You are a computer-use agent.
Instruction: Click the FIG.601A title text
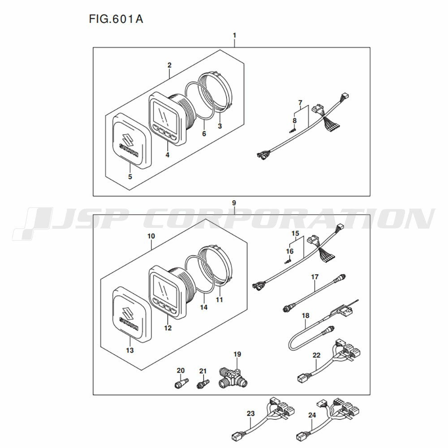click(x=116, y=19)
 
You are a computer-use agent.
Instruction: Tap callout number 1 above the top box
click(x=235, y=35)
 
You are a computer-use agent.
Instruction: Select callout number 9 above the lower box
click(x=234, y=203)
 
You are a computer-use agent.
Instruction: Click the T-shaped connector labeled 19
click(x=233, y=377)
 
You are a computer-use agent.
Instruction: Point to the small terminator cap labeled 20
click(x=181, y=383)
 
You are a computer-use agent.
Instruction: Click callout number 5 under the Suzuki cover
click(x=130, y=177)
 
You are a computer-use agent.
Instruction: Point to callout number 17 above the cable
click(x=314, y=277)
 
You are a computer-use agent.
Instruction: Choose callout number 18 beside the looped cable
click(x=306, y=315)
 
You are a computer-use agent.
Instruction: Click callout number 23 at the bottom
click(x=250, y=413)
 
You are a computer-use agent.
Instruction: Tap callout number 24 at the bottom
click(x=312, y=415)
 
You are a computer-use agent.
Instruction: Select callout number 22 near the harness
click(x=316, y=355)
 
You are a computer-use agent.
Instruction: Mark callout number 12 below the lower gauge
click(x=168, y=328)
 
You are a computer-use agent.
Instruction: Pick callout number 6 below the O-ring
click(x=204, y=134)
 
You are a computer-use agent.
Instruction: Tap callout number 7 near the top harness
click(x=300, y=102)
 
